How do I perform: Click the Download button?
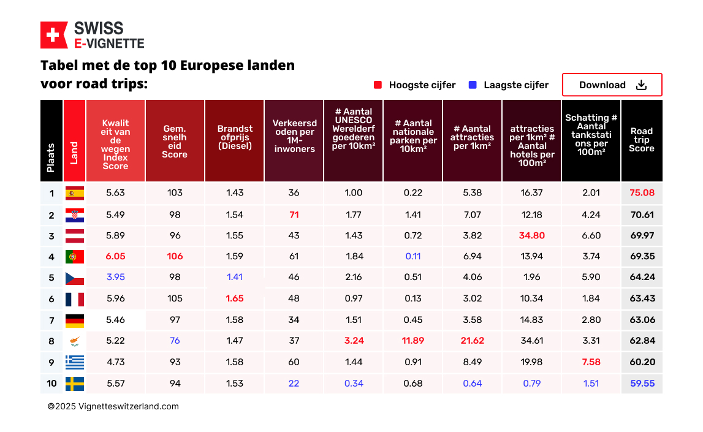coord(612,85)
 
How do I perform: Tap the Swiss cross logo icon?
coord(54,35)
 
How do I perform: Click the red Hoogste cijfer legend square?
coord(378,85)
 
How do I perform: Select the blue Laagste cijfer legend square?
coord(473,85)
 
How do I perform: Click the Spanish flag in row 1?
coord(75,193)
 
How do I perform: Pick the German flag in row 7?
coord(75,320)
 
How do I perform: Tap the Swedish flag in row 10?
coord(75,384)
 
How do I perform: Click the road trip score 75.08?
coord(642,193)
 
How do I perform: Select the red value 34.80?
coord(531,235)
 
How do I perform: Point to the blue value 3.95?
coord(115,277)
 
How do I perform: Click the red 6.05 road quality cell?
coord(115,256)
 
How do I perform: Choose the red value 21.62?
coord(472,341)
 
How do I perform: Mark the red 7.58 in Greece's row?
coord(591,362)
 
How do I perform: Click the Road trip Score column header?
coord(642,140)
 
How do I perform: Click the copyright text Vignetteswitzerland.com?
coord(113,406)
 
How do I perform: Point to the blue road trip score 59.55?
coord(642,384)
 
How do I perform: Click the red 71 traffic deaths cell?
coord(294,214)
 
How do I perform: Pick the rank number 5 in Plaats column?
coord(51,278)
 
